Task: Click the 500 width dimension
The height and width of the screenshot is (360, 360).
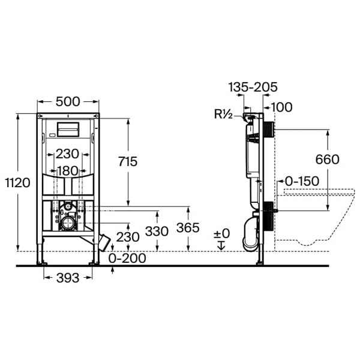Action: (x=68, y=101)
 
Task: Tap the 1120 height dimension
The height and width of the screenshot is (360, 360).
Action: (x=17, y=183)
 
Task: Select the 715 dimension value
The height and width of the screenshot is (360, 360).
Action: (x=128, y=161)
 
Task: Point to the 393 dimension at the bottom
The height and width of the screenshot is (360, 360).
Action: (x=68, y=278)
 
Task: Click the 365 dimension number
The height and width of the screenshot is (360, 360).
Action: (x=188, y=228)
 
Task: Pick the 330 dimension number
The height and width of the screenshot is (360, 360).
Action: (x=157, y=231)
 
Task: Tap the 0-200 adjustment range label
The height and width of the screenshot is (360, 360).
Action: (x=127, y=258)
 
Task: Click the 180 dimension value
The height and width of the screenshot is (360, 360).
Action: (x=67, y=171)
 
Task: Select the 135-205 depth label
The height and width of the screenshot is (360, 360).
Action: (x=253, y=87)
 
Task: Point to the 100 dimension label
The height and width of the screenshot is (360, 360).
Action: (x=282, y=107)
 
